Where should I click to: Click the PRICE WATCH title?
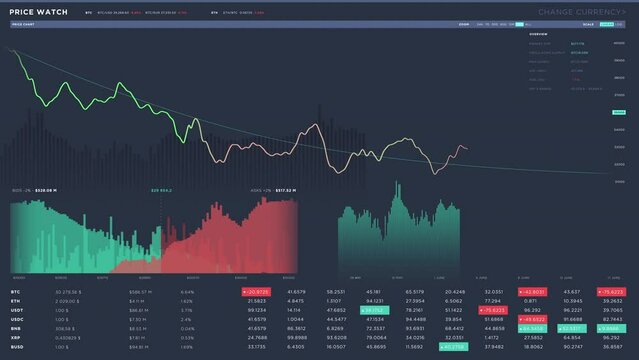click(x=40, y=12)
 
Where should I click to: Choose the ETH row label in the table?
click(x=16, y=300)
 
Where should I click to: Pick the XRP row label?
click(x=16, y=338)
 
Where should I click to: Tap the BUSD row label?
click(x=18, y=347)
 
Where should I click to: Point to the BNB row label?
click(x=16, y=328)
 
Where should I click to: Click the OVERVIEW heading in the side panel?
click(x=538, y=34)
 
